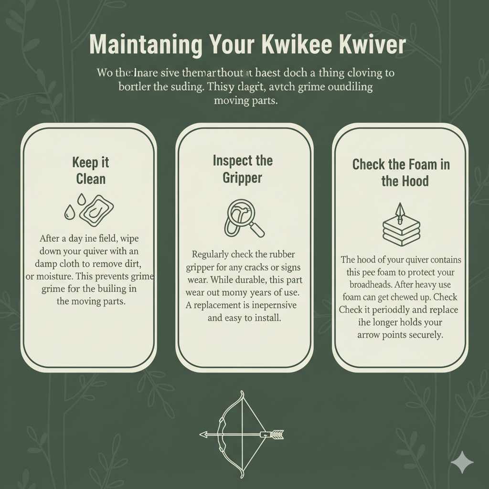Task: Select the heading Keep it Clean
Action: tap(91, 170)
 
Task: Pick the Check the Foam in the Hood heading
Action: tap(401, 172)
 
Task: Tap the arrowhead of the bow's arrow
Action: tap(204, 435)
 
